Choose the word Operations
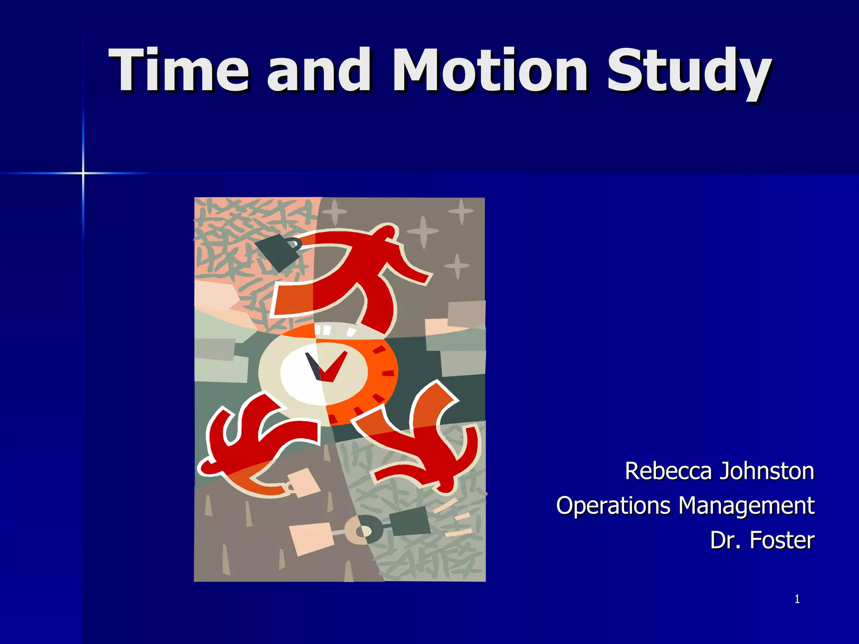613,506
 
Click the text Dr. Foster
762,540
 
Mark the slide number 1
797,600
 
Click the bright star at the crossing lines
83,173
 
